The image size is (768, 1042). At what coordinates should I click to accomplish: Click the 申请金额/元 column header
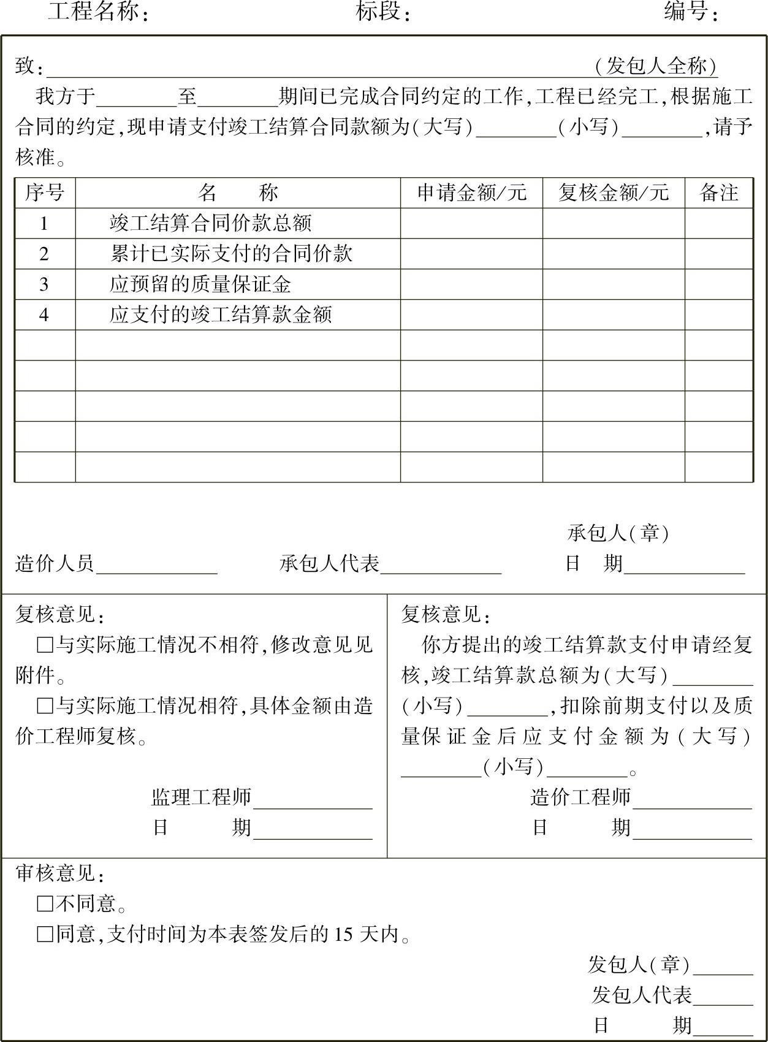(x=471, y=192)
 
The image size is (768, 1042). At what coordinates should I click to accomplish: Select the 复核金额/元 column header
(x=613, y=192)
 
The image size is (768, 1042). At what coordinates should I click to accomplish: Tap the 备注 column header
(x=718, y=192)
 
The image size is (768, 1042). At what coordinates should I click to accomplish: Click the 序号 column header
(x=44, y=192)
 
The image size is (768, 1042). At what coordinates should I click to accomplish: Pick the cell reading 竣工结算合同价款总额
(x=211, y=223)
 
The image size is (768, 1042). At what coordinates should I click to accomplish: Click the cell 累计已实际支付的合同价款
(x=231, y=254)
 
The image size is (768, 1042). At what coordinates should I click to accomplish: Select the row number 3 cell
(x=44, y=284)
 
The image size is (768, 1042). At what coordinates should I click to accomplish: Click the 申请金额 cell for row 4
(x=471, y=315)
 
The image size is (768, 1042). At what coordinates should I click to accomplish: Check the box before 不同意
(x=45, y=903)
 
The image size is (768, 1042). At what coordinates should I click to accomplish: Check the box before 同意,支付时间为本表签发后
(x=45, y=934)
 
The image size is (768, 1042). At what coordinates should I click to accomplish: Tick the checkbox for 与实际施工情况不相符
(x=45, y=645)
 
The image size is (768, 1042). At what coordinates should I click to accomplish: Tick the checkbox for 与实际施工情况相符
(x=45, y=706)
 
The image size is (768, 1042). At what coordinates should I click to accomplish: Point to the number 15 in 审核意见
(x=344, y=934)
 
